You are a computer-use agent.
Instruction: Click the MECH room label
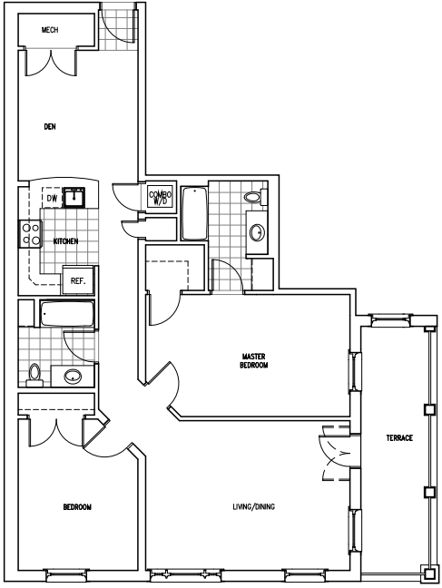tap(50, 30)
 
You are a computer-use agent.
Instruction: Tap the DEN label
tap(50, 127)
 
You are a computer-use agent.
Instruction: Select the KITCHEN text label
tap(65, 241)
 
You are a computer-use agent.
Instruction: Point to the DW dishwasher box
tap(53, 198)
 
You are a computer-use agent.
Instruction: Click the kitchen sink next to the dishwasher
tap(74, 197)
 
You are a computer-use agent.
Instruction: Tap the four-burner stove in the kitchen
tap(30, 233)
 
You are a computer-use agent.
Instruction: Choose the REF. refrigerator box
tap(78, 280)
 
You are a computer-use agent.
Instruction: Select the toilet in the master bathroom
tap(255, 196)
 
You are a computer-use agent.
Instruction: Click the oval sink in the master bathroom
tap(258, 232)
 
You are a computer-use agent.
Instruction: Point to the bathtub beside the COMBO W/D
tap(194, 214)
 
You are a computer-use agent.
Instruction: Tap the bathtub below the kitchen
tap(67, 313)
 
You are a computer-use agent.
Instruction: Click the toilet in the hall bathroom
tap(34, 375)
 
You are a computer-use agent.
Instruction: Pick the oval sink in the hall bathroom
tap(73, 376)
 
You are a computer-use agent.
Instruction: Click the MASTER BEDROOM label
tap(254, 360)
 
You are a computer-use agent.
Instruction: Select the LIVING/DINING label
tap(253, 506)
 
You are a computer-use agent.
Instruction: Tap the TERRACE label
tap(399, 437)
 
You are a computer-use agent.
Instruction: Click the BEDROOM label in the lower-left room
tap(77, 507)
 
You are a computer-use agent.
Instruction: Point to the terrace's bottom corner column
tap(430, 573)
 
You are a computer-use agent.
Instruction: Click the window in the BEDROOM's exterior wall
tap(67, 573)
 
